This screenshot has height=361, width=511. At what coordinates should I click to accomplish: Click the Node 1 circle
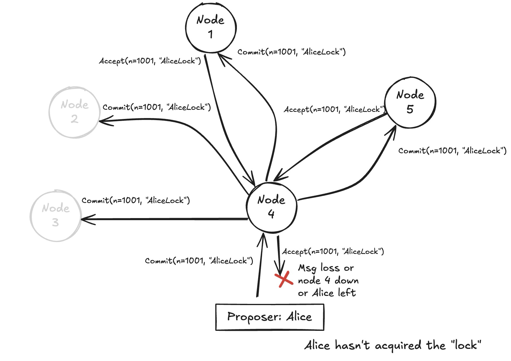(x=211, y=28)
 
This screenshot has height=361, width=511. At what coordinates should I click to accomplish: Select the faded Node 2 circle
(x=74, y=112)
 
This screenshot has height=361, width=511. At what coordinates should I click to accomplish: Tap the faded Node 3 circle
(x=56, y=216)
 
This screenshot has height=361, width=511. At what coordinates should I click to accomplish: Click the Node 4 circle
(x=271, y=207)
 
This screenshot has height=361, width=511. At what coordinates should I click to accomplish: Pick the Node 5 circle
(x=410, y=102)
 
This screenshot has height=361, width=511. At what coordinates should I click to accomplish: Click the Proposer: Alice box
(x=269, y=317)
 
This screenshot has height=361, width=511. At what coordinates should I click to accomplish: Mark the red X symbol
(x=284, y=280)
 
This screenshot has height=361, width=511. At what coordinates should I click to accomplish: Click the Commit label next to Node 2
(x=156, y=107)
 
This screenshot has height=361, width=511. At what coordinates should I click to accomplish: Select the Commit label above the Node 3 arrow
(x=135, y=201)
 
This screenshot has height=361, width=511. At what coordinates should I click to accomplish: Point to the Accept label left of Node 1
(x=150, y=61)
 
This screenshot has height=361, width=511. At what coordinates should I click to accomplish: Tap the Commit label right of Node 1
(x=291, y=52)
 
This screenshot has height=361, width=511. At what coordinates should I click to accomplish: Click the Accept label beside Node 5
(x=334, y=109)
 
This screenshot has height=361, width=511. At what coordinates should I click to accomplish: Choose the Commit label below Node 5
(x=452, y=151)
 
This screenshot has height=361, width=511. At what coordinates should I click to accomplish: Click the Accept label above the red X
(x=333, y=252)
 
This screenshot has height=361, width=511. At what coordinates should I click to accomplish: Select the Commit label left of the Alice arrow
(x=199, y=261)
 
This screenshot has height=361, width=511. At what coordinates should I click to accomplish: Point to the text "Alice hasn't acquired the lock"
(x=393, y=345)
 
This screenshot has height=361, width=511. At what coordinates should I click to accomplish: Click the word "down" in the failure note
(x=346, y=281)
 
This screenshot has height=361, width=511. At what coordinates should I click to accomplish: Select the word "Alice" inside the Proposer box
(x=299, y=317)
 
